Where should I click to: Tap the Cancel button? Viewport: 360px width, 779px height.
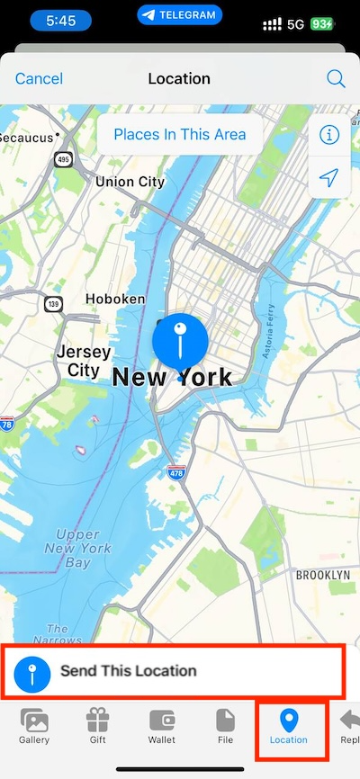[39, 79]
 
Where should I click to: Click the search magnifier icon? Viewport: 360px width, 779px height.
[336, 79]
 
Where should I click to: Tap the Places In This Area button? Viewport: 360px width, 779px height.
[180, 135]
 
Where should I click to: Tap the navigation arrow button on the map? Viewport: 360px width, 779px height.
[329, 178]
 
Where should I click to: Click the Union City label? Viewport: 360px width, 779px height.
[130, 182]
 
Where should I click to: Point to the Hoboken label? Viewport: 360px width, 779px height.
[115, 299]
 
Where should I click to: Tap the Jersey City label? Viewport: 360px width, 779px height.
[83, 361]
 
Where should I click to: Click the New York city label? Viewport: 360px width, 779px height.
[172, 378]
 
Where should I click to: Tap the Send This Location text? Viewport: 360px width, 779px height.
[128, 670]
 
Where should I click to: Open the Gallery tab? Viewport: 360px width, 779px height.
[34, 727]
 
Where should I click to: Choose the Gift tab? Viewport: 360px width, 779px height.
[96, 727]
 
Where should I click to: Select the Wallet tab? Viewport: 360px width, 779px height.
[161, 727]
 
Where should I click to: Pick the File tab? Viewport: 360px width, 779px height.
[225, 727]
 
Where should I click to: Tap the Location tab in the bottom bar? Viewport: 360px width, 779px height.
[288, 727]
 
